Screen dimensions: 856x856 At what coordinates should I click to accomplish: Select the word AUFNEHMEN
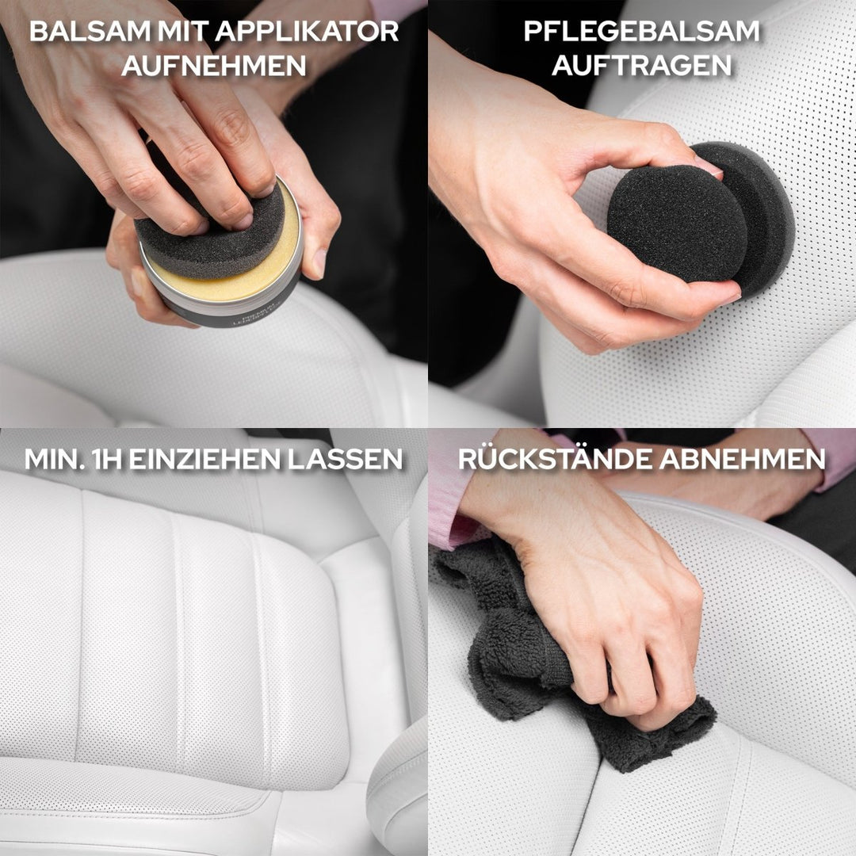tap(214, 67)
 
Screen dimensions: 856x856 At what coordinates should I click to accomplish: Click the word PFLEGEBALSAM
tap(641, 32)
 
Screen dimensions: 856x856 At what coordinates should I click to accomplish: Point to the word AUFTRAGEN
tap(641, 67)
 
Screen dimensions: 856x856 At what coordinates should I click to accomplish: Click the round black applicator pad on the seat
tap(678, 222)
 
